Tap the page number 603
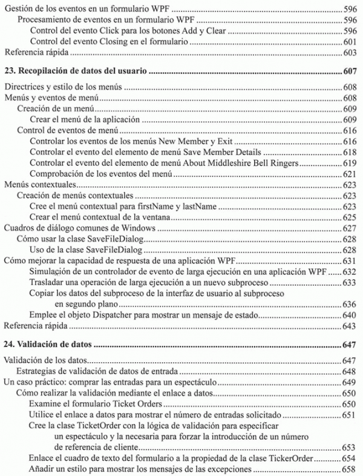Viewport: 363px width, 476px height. pyautogui.click(x=350, y=53)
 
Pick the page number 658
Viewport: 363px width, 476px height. pyautogui.click(x=350, y=469)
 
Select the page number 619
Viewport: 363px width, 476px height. pyautogui.click(x=350, y=162)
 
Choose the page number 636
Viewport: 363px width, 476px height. pyautogui.click(x=350, y=305)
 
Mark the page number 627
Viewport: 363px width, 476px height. pyautogui.click(x=350, y=228)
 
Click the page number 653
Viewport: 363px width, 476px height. pyautogui.click(x=350, y=448)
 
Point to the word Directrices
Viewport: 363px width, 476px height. pyautogui.click(x=25, y=87)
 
